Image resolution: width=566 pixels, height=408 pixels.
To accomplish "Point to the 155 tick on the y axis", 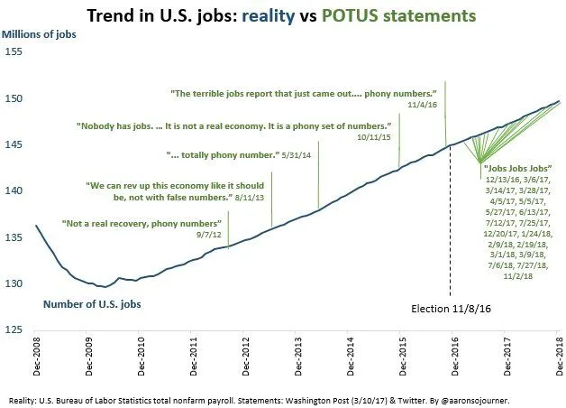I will [x=16, y=52].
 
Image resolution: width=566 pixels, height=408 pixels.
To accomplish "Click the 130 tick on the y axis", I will [x=16, y=283].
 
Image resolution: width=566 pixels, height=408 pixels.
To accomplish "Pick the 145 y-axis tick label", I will [x=16, y=144].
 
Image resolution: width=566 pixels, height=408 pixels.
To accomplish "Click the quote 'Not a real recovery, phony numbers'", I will [x=141, y=222].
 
